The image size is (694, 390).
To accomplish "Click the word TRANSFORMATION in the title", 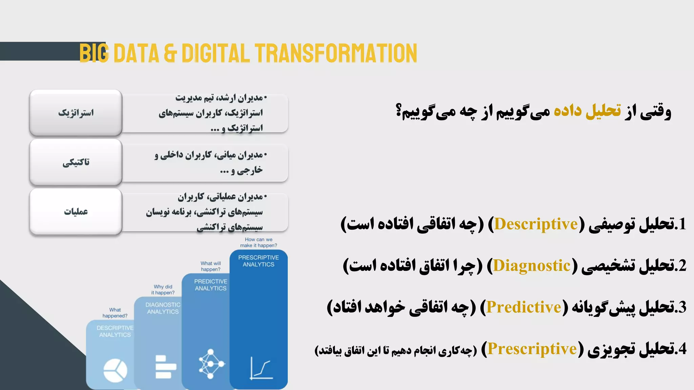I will [336, 53].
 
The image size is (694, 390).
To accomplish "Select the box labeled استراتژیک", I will [76, 113].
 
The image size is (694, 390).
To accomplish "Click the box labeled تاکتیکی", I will [76, 162].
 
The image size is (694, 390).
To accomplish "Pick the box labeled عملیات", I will [76, 212].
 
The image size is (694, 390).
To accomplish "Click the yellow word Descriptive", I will [536, 224].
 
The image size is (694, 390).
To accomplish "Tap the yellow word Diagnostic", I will [532, 266].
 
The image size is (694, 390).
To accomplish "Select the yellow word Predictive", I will [524, 307].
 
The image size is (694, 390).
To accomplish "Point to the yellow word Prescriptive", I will [532, 349].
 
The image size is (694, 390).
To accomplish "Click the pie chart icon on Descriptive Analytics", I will [115, 370].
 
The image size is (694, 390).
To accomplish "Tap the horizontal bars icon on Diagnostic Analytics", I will [165, 367].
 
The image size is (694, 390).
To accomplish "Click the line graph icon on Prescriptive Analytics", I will [261, 368].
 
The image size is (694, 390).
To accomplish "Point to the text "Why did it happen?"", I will [163, 289].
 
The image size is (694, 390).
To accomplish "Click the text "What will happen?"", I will [210, 266].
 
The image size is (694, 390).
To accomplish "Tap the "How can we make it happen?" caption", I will [259, 242].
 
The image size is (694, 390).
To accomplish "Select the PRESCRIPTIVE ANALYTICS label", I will [259, 261].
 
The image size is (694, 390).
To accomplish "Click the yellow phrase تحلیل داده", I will [587, 111].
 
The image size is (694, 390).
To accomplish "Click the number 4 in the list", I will [682, 349].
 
